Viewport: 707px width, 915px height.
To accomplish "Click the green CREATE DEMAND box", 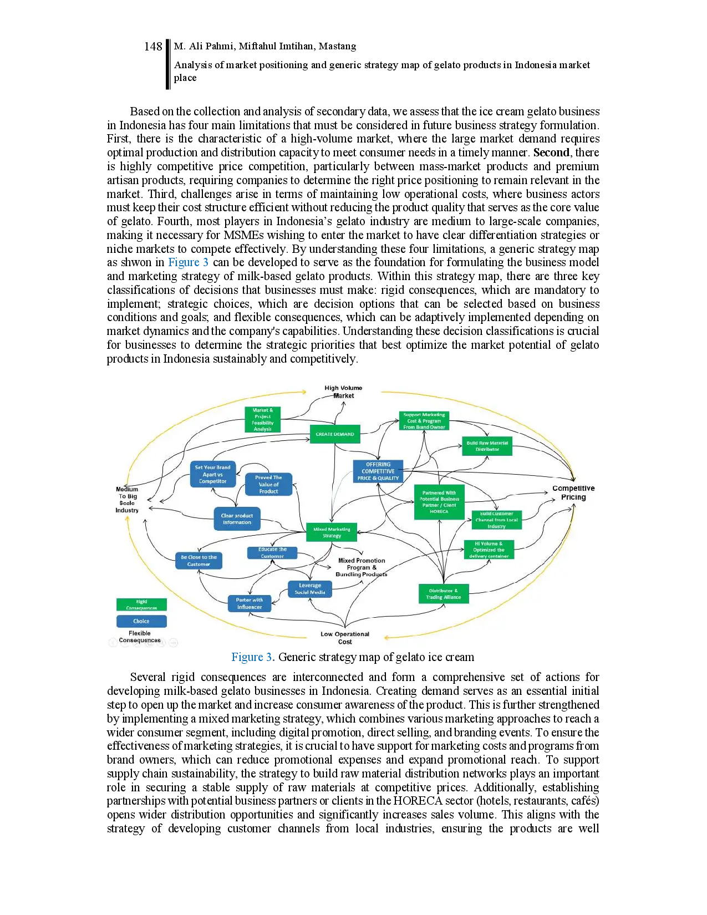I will point(335,434).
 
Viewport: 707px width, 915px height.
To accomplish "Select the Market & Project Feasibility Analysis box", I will point(263,420).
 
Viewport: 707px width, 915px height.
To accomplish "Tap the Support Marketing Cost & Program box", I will point(424,421).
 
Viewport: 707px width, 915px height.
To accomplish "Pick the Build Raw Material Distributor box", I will point(487,446).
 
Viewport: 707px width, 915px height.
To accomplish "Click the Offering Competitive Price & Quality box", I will point(378,471).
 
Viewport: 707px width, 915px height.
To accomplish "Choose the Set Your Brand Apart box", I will point(213,475).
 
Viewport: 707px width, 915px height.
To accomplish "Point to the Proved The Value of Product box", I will point(268,484).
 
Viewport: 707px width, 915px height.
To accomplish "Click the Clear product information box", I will point(237,519).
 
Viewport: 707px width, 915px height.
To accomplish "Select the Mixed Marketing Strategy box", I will point(332,532).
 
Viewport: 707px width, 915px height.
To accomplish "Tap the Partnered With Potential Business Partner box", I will point(439,502).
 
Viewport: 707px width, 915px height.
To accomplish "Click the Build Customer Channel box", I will point(496,520).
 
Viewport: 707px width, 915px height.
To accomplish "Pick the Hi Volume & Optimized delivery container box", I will point(489,550).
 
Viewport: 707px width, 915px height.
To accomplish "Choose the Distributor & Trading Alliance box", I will point(444,594).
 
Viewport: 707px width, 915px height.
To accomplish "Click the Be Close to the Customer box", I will point(199,561).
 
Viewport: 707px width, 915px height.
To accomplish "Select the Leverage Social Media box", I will point(310,589).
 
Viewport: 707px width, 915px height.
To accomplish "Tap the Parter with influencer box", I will point(250,603).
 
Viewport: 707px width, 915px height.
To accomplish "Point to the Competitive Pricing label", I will point(573,492).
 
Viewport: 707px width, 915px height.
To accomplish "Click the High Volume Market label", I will point(343,392).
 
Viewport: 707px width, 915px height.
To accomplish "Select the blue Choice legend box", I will point(141,621).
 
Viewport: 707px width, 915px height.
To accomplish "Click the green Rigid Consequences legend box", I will point(141,604).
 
